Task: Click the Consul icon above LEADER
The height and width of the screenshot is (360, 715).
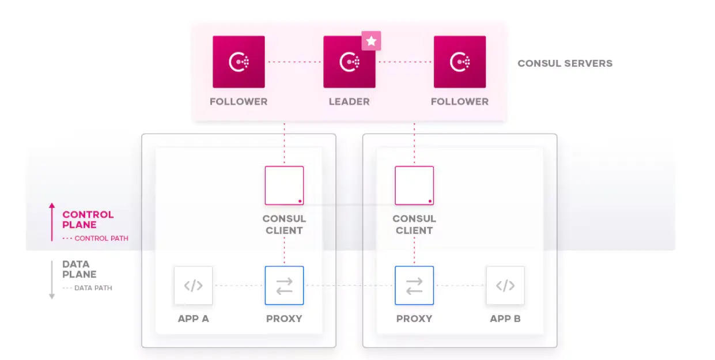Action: pyautogui.click(x=349, y=62)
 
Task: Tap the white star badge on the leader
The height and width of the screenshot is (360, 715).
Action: pyautogui.click(x=372, y=41)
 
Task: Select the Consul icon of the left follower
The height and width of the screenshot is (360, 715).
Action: pyautogui.click(x=239, y=62)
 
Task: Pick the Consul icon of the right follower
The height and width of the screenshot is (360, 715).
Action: pyautogui.click(x=459, y=62)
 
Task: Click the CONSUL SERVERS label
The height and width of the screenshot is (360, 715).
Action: pyautogui.click(x=565, y=63)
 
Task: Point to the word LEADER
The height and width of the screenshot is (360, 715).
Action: pyautogui.click(x=349, y=102)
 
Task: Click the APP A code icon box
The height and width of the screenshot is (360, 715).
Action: pyautogui.click(x=194, y=285)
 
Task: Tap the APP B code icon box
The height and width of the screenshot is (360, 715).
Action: pyautogui.click(x=505, y=285)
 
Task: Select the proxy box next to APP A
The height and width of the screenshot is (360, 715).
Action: pyautogui.click(x=284, y=285)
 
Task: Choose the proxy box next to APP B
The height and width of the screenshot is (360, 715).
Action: pyautogui.click(x=414, y=285)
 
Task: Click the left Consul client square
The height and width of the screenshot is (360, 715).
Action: pyautogui.click(x=284, y=185)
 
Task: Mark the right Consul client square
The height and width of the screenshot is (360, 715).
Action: pyautogui.click(x=414, y=185)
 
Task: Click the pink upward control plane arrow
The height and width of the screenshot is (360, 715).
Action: pyautogui.click(x=52, y=222)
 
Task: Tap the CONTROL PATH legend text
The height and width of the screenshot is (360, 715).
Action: pyautogui.click(x=101, y=238)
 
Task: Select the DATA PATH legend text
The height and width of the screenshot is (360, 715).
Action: pyautogui.click(x=93, y=288)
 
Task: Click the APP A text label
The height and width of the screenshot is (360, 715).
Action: pyautogui.click(x=194, y=319)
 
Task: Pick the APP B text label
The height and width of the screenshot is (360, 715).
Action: pyautogui.click(x=505, y=319)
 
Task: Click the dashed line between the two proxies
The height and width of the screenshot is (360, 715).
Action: pyautogui.click(x=349, y=286)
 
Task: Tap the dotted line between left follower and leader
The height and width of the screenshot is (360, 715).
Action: pyautogui.click(x=294, y=62)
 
